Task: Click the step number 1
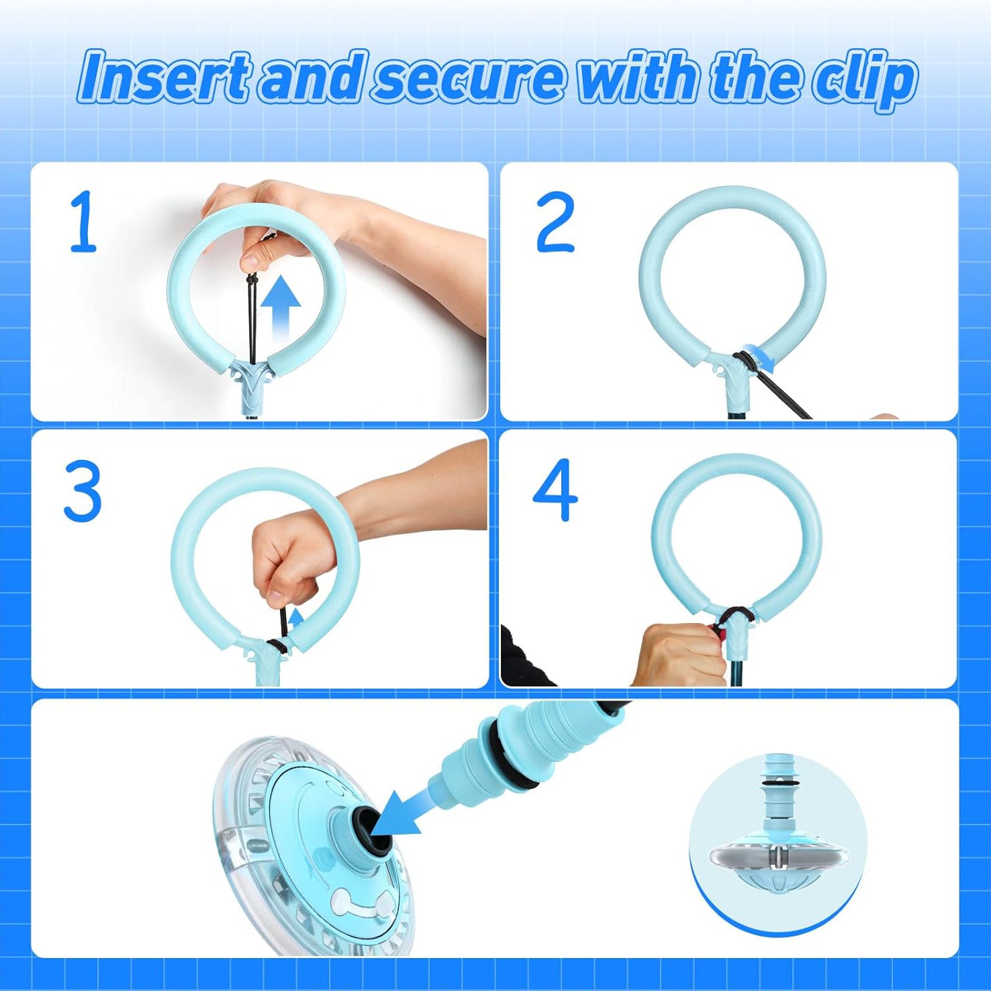pyautogui.click(x=83, y=221)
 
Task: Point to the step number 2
pyautogui.click(x=555, y=221)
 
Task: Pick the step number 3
pyautogui.click(x=83, y=491)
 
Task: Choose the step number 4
pyautogui.click(x=555, y=490)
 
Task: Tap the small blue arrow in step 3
pyautogui.click(x=295, y=618)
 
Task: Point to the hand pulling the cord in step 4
pyautogui.click(x=678, y=655)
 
